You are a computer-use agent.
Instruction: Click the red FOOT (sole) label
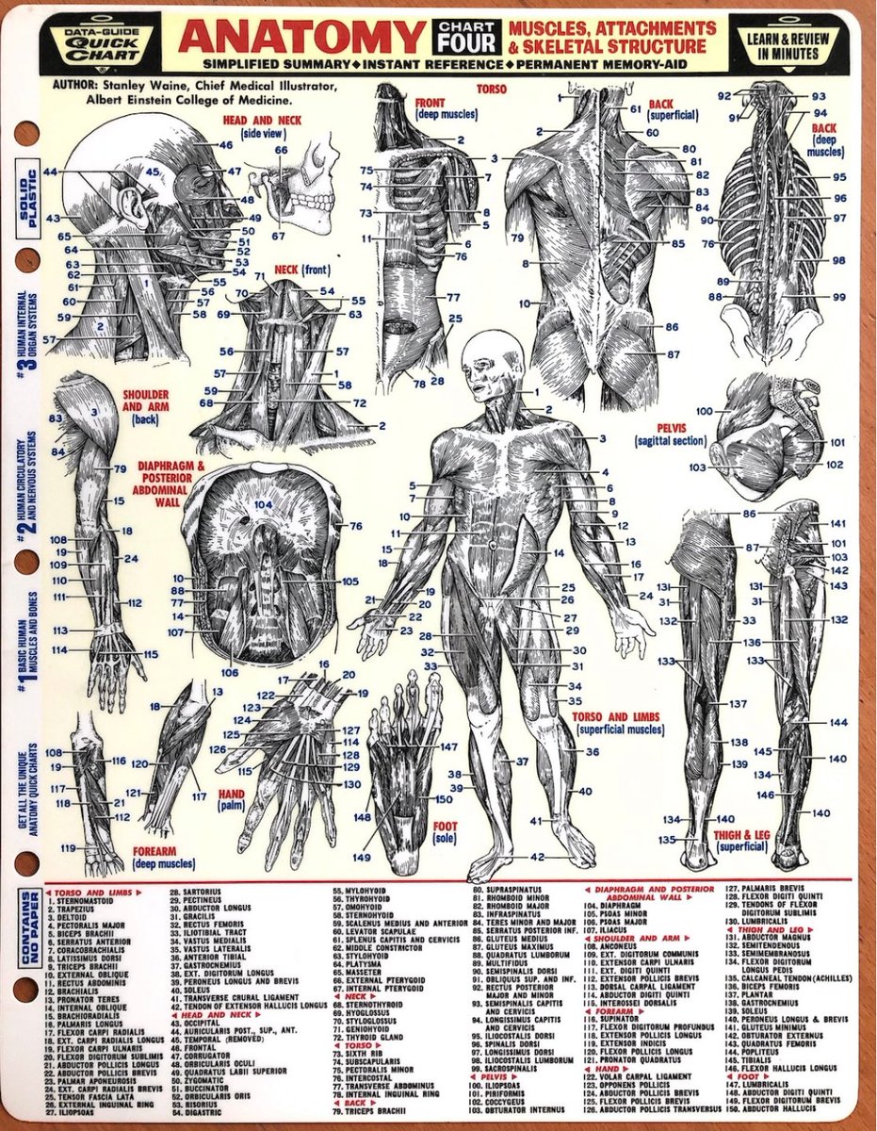point(446,832)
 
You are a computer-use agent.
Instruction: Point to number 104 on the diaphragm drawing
point(263,506)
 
